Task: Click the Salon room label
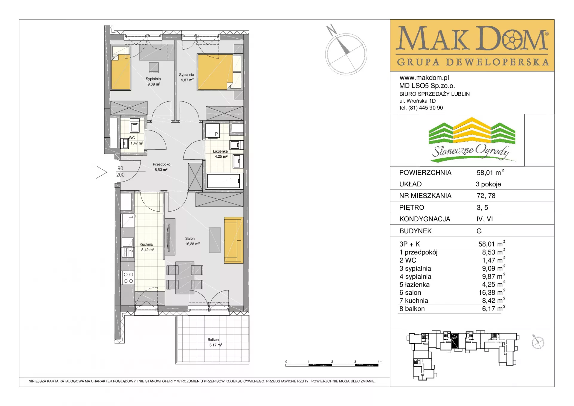click(x=190, y=238)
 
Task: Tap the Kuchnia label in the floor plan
click(x=146, y=244)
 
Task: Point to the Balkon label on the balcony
click(x=213, y=340)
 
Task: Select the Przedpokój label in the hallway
click(x=162, y=164)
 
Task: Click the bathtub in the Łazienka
click(x=224, y=181)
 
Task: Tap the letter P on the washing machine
click(x=216, y=134)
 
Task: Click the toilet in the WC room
click(x=124, y=144)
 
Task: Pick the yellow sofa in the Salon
click(x=233, y=240)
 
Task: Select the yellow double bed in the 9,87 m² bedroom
click(x=215, y=72)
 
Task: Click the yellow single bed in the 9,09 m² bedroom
click(x=121, y=72)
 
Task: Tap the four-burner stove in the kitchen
click(x=128, y=278)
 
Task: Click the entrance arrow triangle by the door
click(x=101, y=172)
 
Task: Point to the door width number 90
click(x=120, y=168)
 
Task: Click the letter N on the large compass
click(x=331, y=30)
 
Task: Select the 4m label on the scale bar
click(x=380, y=362)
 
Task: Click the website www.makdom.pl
click(x=424, y=78)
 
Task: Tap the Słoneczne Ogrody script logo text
click(x=471, y=151)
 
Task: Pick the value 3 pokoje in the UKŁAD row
click(x=488, y=184)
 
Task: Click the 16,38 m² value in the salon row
click(x=492, y=292)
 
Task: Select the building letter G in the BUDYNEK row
click(x=479, y=231)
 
